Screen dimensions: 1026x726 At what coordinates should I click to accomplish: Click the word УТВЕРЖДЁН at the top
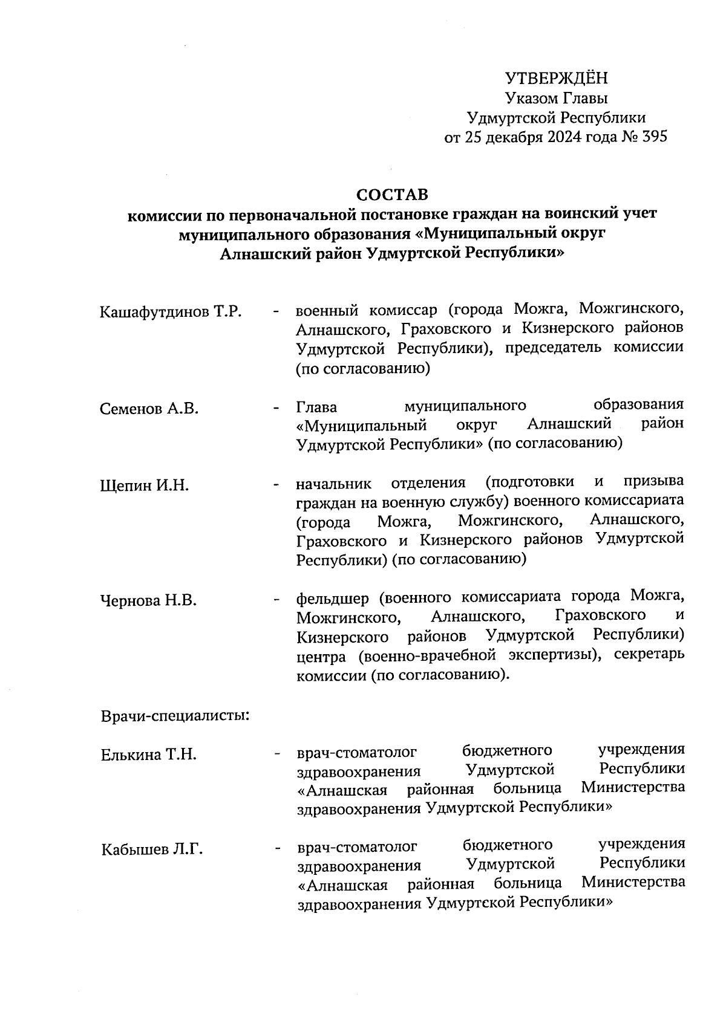[556, 79]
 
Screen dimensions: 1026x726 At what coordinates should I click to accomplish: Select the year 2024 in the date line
[566, 137]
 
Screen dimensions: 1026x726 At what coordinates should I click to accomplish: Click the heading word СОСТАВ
[392, 195]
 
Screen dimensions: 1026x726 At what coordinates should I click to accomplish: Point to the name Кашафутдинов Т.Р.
[171, 313]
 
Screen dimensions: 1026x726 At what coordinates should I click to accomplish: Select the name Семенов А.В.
[149, 409]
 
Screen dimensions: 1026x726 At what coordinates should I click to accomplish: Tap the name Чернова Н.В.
[148, 601]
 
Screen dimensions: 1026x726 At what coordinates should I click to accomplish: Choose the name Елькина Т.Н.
[149, 755]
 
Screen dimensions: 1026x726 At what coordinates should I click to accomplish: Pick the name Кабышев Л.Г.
[152, 849]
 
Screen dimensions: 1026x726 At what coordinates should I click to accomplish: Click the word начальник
[333, 484]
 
